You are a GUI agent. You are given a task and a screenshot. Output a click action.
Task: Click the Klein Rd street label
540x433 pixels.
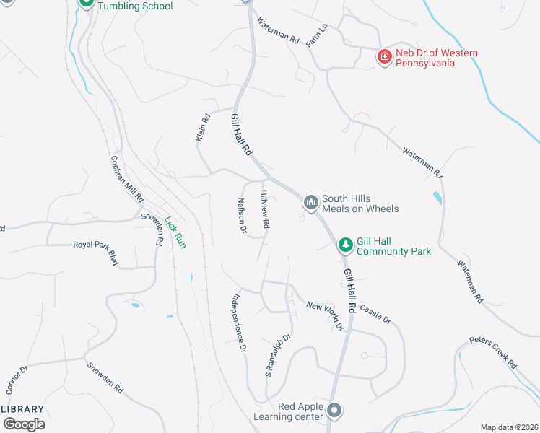coord(203,126)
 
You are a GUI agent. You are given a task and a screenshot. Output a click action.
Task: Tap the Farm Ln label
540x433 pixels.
coord(317,35)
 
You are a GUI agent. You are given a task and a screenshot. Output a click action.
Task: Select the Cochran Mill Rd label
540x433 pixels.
coord(127,179)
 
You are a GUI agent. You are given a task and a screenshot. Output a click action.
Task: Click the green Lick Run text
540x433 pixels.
coord(175,233)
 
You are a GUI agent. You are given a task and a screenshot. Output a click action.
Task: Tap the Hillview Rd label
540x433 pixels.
coord(265,210)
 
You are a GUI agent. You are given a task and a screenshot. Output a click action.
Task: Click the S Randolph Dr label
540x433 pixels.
coord(277,357)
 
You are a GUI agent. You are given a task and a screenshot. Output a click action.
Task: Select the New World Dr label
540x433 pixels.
coord(325,315)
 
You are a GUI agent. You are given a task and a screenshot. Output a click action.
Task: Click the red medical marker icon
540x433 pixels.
coord(385,56)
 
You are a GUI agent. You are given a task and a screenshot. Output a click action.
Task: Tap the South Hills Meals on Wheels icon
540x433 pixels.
coord(311,202)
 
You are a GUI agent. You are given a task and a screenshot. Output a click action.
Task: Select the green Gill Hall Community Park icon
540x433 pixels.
coord(346,245)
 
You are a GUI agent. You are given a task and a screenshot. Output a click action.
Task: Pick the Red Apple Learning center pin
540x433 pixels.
coord(334,411)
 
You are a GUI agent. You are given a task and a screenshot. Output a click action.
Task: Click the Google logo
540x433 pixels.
coord(25,424)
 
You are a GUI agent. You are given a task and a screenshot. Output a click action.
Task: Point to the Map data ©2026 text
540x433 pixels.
coord(508,427)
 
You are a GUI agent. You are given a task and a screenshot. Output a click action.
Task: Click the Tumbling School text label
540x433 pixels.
coord(135,6)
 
